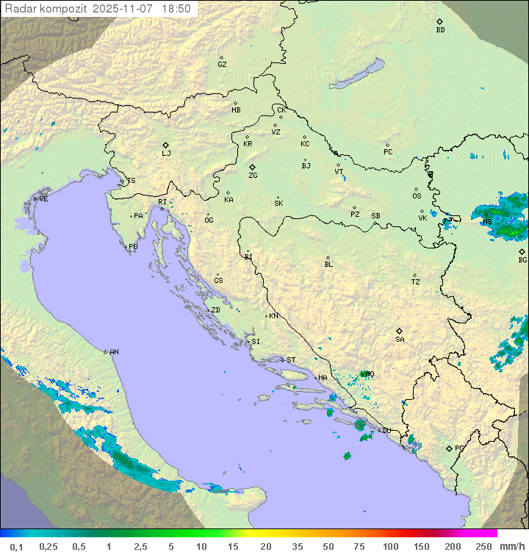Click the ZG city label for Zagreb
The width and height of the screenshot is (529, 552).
pyautogui.click(x=253, y=176)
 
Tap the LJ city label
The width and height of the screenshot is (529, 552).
pyautogui.click(x=166, y=154)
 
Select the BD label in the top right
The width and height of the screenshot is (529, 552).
pyautogui.click(x=440, y=30)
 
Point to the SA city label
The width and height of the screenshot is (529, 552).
pyautogui.click(x=400, y=340)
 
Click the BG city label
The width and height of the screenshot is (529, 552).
pyautogui.click(x=522, y=260)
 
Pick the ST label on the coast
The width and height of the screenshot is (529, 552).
pyautogui.click(x=291, y=360)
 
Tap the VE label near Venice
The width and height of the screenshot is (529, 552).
pyautogui.click(x=43, y=199)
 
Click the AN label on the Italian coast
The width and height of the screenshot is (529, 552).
pyautogui.click(x=114, y=352)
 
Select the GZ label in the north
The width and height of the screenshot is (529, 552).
pyautogui.click(x=222, y=65)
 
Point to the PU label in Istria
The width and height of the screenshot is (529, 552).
pyautogui.click(x=133, y=247)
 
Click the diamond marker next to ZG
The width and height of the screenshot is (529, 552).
pyautogui.click(x=252, y=168)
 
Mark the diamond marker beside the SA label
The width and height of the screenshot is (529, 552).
pyautogui.click(x=399, y=331)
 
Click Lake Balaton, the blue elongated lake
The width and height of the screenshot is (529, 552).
pyautogui.click(x=357, y=74)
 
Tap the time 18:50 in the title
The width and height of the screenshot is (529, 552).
pyautogui.click(x=177, y=9)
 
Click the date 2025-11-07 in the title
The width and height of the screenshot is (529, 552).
pyautogui.click(x=126, y=9)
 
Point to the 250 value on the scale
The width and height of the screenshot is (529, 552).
pyautogui.click(x=483, y=546)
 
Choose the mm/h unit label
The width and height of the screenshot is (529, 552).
pyautogui.click(x=511, y=546)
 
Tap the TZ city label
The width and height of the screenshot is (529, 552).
pyautogui.click(x=416, y=282)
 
